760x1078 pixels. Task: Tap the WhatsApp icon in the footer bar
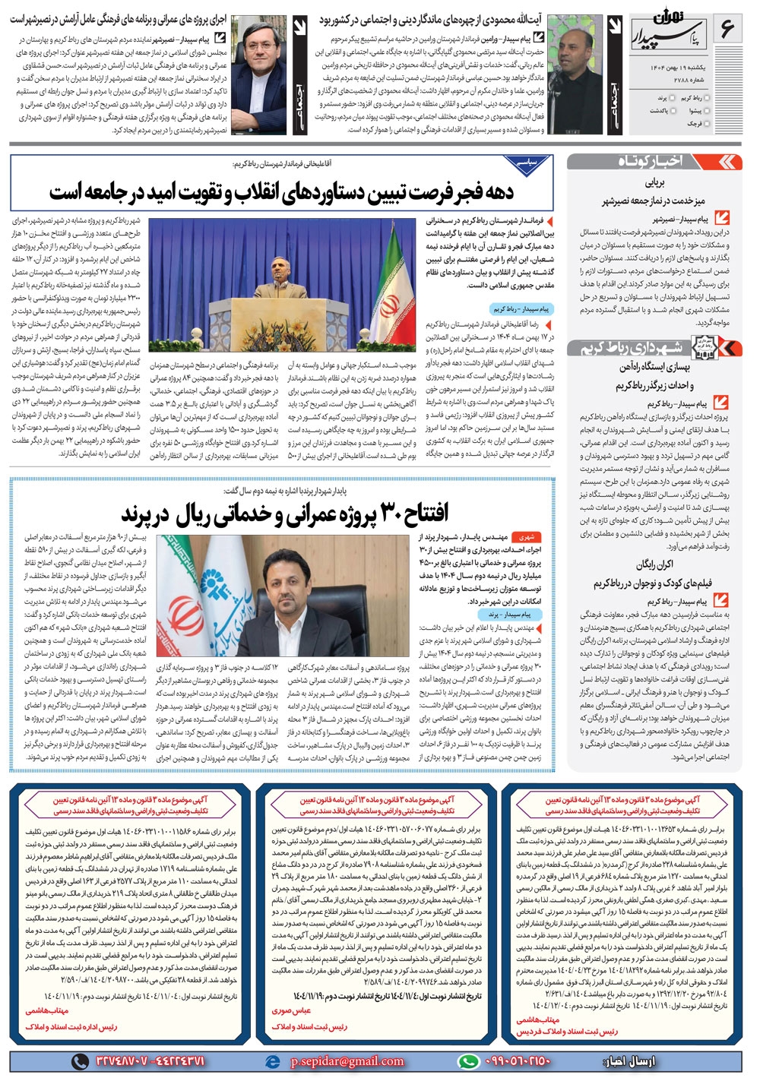(469, 1061)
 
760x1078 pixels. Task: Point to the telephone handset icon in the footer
(80, 1061)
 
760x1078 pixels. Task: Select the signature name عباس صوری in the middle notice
(291, 1010)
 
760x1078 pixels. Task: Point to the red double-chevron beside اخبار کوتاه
(729, 161)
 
